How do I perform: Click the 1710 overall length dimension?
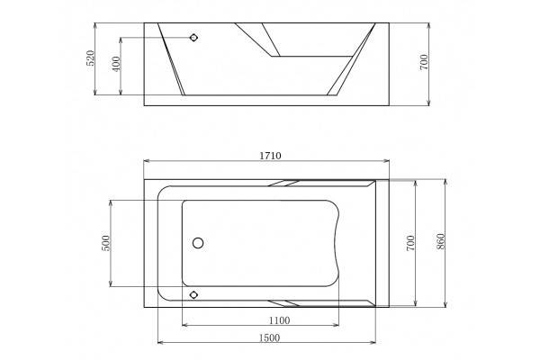270,156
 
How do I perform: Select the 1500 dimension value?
269,338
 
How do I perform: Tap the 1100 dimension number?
279,320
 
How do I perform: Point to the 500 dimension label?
106,243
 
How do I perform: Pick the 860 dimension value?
441,241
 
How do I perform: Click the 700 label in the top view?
410,243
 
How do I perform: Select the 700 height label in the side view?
424,62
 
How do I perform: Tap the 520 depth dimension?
89,58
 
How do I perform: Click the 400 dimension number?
116,64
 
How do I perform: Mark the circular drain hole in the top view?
198,243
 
